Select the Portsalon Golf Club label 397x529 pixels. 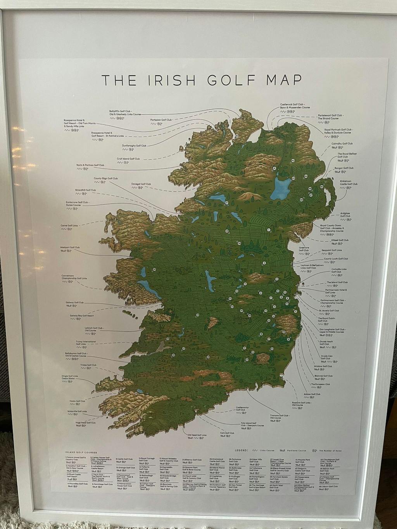click(x=161, y=120)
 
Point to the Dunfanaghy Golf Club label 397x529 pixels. click(x=134, y=146)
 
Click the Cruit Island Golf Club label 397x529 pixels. click(x=128, y=159)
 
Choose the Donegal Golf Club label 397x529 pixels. click(x=141, y=184)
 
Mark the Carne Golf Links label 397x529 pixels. click(x=69, y=225)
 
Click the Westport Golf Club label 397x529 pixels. click(x=70, y=247)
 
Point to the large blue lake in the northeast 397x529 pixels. click(x=283, y=187)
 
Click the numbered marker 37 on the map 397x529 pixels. click(x=226, y=202)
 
